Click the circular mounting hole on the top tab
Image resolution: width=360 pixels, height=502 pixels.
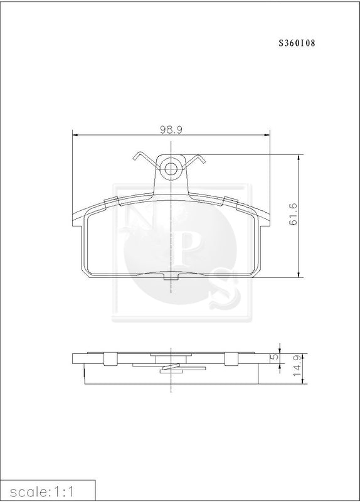(x=171, y=168)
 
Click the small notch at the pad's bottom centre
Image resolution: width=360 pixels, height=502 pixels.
(x=171, y=277)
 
